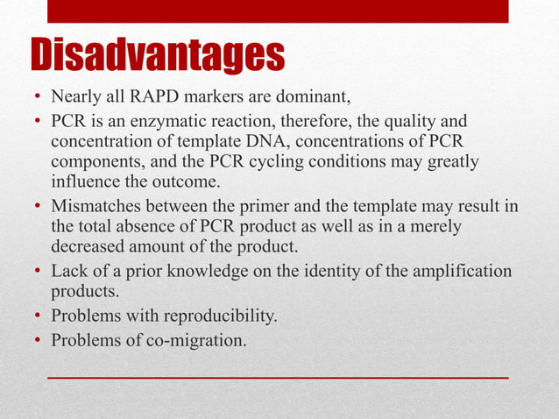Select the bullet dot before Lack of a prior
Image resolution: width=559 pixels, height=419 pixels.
click(x=38, y=272)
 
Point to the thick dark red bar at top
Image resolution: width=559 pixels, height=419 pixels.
click(x=277, y=11)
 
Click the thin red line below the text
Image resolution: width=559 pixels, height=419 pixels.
click(x=277, y=376)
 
